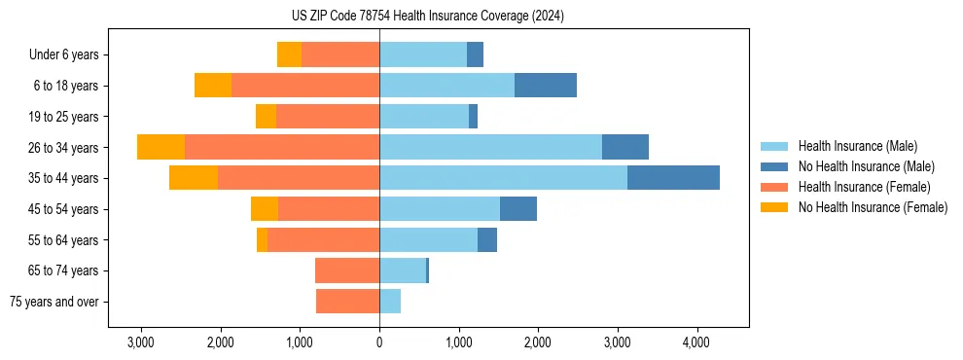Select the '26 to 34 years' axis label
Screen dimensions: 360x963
tap(65, 147)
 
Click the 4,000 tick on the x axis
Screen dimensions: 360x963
tap(695, 343)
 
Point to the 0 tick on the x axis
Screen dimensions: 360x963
tap(379, 343)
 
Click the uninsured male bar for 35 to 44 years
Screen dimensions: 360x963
tap(673, 178)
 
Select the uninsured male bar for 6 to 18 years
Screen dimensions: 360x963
tap(545, 86)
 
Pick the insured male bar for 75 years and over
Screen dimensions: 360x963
tap(390, 302)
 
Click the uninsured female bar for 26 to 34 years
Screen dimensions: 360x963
tap(160, 147)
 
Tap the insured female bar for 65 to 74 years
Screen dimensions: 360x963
tap(347, 270)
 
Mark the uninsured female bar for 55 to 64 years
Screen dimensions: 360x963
tap(262, 239)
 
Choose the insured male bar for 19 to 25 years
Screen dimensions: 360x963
tap(424, 117)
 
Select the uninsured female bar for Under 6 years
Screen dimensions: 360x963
tap(289, 54)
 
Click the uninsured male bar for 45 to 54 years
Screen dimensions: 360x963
tap(518, 209)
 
